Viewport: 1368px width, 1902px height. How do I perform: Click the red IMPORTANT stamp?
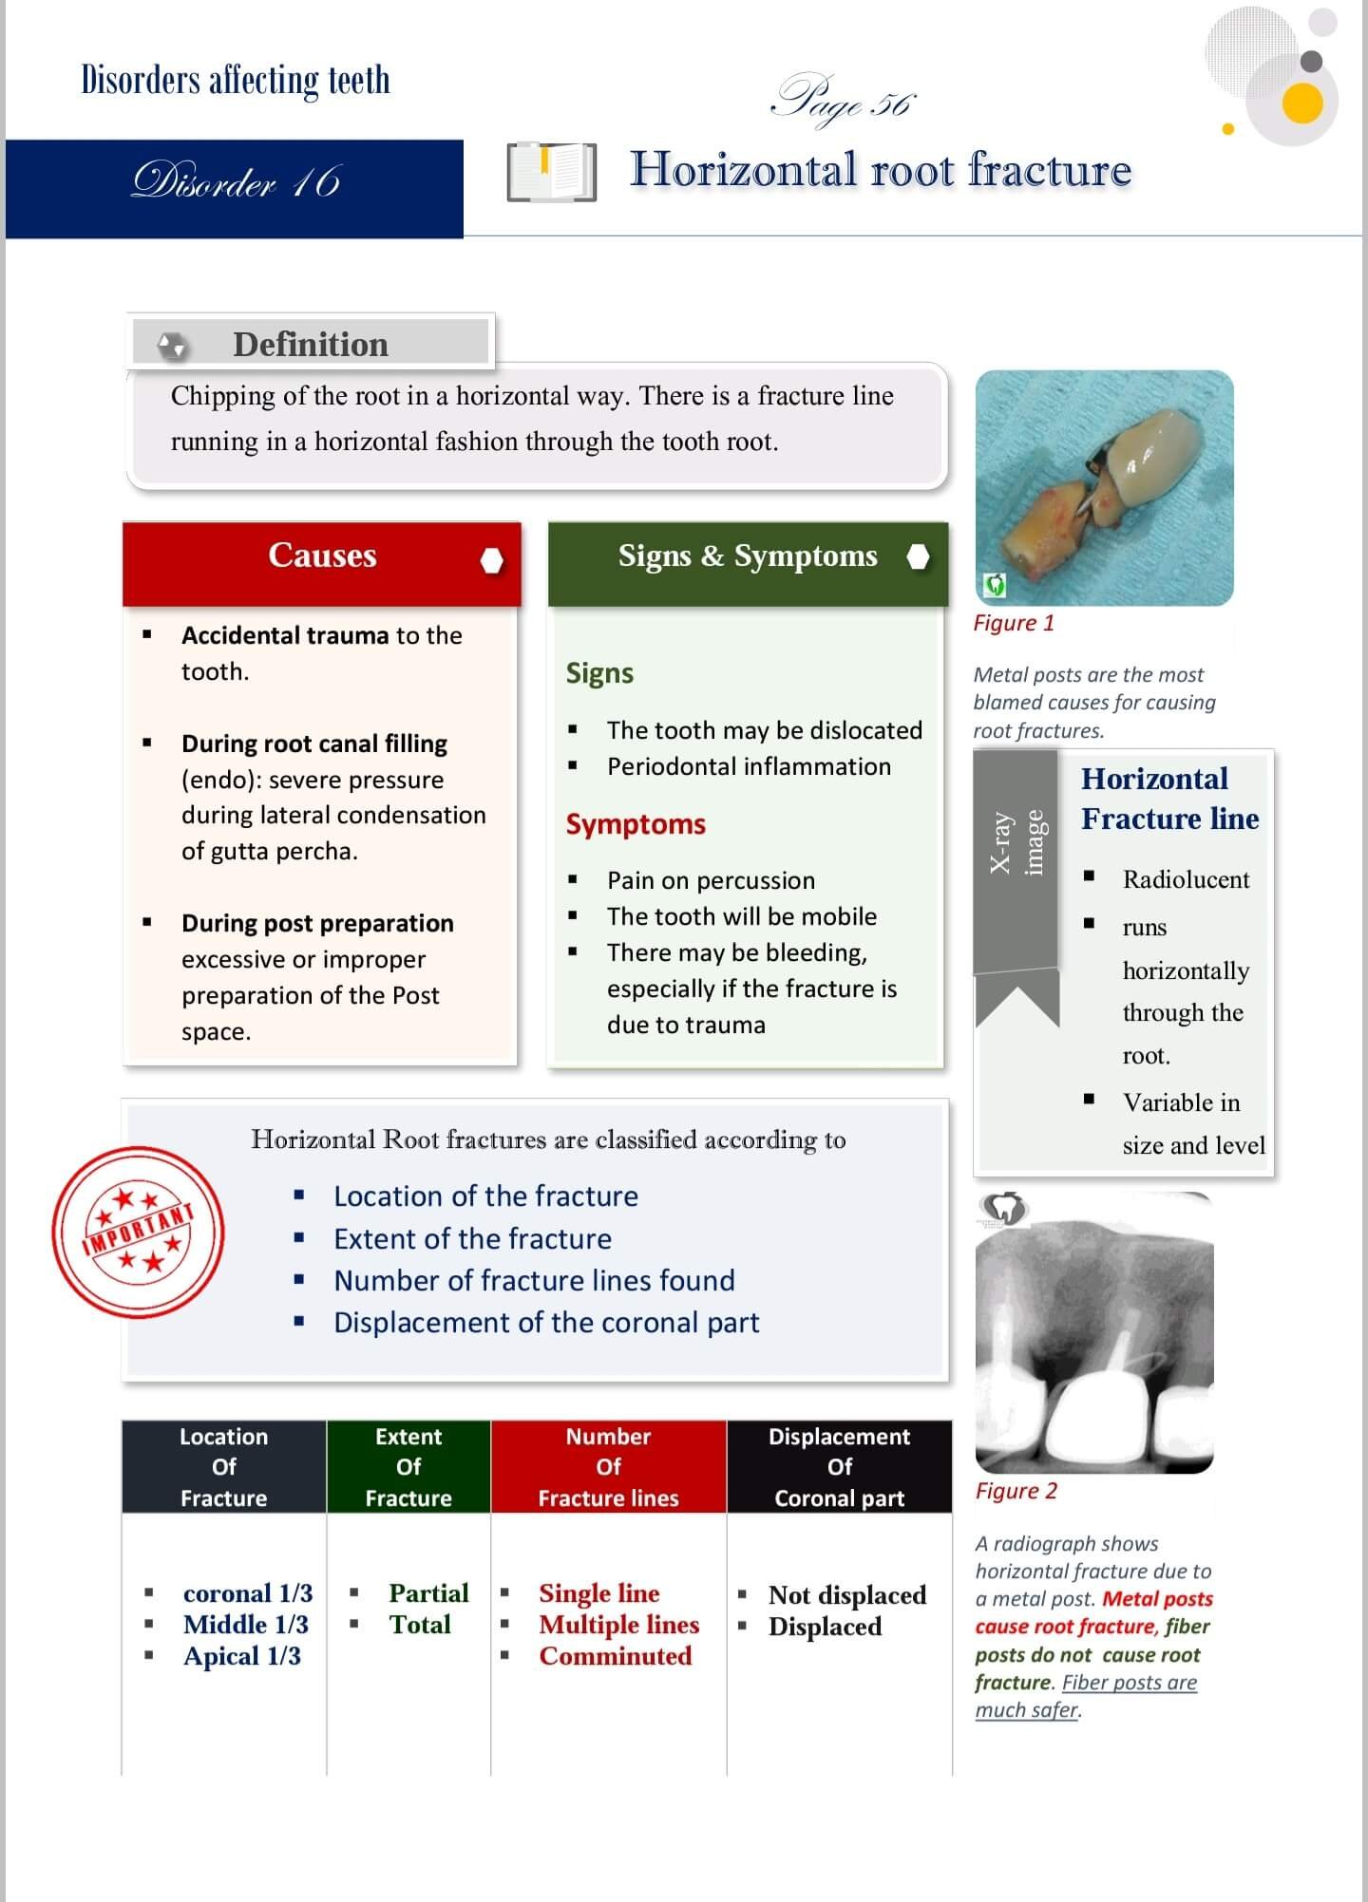[x=139, y=1233]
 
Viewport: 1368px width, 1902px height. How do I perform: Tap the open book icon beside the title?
[x=551, y=172]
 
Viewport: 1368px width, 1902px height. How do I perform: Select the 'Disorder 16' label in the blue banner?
[x=236, y=181]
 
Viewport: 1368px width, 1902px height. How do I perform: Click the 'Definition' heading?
[x=311, y=344]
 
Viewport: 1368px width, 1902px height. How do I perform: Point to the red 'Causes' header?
[x=322, y=556]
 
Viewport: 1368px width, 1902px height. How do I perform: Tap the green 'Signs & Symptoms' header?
[x=748, y=556]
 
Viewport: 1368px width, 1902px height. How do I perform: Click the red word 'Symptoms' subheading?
[x=636, y=823]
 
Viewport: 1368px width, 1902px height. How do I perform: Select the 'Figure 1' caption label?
[x=1014, y=623]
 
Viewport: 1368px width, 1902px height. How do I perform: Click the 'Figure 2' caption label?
[x=1016, y=1491]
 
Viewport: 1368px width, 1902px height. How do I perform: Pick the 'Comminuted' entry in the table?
[x=616, y=1656]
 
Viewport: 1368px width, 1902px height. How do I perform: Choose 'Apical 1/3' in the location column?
[x=242, y=1656]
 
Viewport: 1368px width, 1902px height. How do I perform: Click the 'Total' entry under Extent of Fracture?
[x=420, y=1625]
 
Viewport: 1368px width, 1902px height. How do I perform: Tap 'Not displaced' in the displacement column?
[x=847, y=1594]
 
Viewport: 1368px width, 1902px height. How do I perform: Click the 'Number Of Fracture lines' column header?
[x=608, y=1466]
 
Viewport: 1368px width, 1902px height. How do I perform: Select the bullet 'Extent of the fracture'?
[x=472, y=1238]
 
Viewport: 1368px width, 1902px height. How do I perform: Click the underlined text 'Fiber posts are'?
[x=1130, y=1683]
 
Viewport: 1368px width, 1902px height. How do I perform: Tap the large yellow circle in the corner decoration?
[x=1301, y=103]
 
